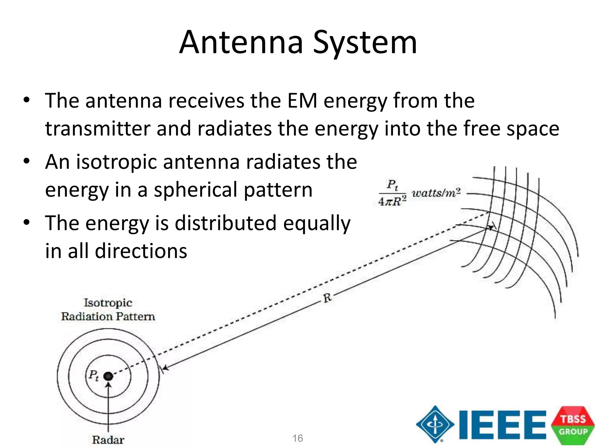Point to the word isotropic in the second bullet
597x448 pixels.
[117, 162]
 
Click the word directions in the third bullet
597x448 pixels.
[141, 251]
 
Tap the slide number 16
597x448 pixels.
[298, 438]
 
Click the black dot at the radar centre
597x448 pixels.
[108, 376]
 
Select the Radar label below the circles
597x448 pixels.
[108, 440]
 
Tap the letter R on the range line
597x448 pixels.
[327, 298]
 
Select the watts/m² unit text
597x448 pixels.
[436, 193]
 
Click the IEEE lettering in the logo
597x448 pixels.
[502, 425]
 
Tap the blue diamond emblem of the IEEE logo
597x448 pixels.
[435, 424]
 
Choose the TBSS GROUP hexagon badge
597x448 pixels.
[573, 425]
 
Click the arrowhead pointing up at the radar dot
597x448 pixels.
[108, 385]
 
